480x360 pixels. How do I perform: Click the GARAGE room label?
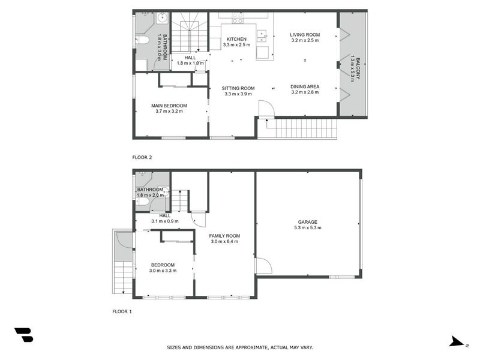[305, 222]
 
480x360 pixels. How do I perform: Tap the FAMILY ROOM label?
[224, 235]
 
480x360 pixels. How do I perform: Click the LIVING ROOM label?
[305, 35]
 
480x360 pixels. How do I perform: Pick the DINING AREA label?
[305, 86]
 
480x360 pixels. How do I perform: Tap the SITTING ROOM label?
[238, 88]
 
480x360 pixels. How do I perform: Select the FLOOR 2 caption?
[143, 157]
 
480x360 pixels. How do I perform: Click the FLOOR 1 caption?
[123, 311]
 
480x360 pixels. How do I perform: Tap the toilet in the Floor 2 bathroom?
[143, 41]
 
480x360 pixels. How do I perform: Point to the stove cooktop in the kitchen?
[237, 20]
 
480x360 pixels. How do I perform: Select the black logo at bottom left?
[23, 335]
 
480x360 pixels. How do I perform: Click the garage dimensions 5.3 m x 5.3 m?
[305, 228]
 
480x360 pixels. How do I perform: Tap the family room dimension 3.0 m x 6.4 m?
[224, 241]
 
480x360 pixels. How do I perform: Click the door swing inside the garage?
[262, 265]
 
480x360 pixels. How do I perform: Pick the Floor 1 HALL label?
[164, 215]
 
